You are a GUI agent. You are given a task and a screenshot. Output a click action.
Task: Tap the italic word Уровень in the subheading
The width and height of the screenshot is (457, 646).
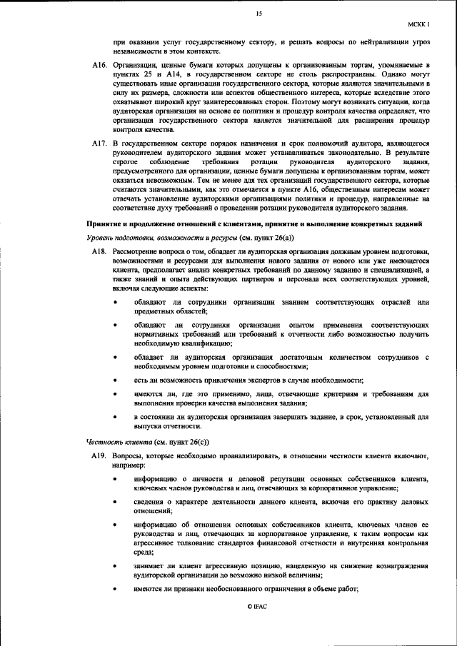click(x=103, y=237)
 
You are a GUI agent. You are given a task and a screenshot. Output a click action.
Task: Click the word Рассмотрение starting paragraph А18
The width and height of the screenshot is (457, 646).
click(x=136, y=251)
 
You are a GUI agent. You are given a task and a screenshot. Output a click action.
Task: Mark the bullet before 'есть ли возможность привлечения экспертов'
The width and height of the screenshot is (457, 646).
click(x=117, y=380)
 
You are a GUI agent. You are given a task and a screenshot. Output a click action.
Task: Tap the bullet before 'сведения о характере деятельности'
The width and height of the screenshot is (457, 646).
click(x=117, y=502)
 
